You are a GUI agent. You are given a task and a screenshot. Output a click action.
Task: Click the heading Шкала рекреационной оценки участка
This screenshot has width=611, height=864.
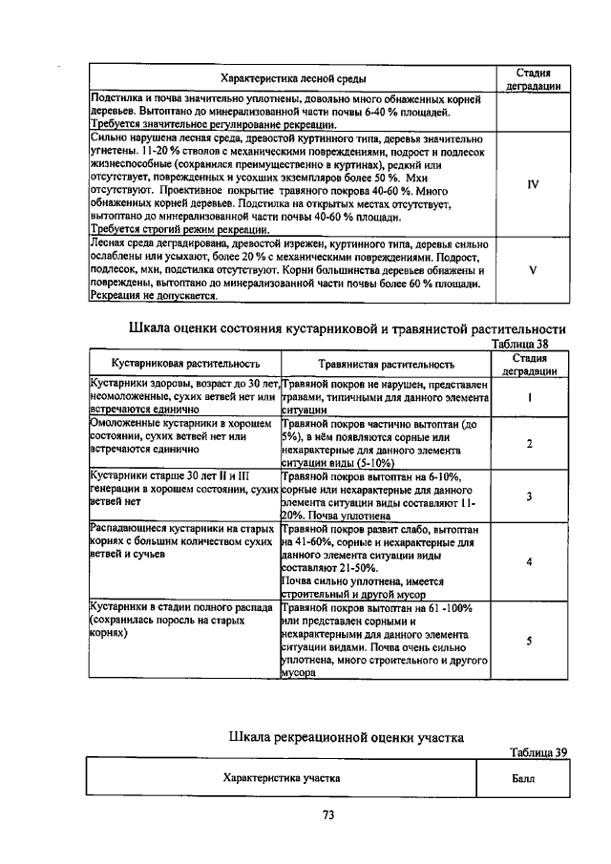click(x=347, y=736)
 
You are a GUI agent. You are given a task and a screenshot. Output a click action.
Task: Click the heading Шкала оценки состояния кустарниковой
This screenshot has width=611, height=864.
click(x=340, y=328)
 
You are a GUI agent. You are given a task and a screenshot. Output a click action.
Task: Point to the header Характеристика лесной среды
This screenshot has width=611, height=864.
click(x=291, y=77)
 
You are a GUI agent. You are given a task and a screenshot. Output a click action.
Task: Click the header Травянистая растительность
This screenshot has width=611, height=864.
click(x=387, y=364)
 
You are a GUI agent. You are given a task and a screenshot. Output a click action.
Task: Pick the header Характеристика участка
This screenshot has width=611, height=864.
click(x=282, y=778)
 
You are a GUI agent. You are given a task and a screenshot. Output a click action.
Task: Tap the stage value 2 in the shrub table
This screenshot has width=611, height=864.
click(x=529, y=443)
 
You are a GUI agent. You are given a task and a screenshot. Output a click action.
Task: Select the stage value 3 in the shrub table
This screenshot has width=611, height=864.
click(x=529, y=495)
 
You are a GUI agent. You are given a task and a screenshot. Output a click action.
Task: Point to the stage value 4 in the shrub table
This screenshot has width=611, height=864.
click(x=529, y=561)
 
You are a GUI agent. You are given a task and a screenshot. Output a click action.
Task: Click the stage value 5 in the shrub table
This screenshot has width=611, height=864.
click(x=529, y=641)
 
